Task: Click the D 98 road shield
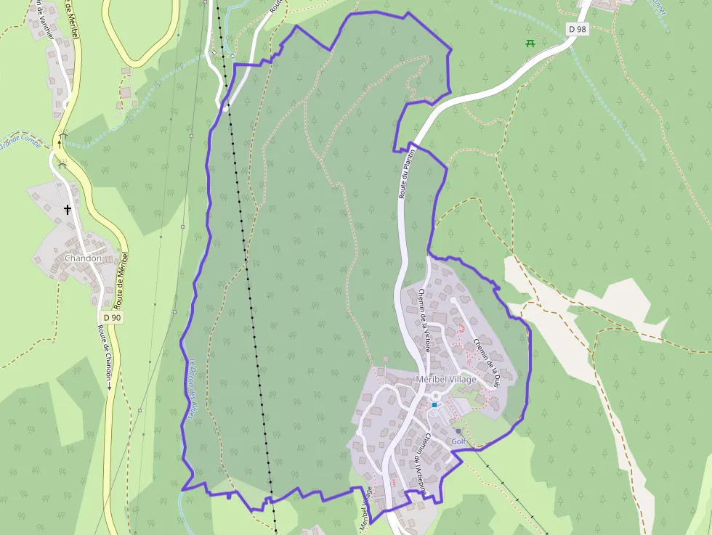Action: point(578,28)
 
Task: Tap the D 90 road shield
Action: point(112,317)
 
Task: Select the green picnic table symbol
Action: point(530,43)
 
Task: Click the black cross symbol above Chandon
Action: point(68,210)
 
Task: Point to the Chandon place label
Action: point(82,258)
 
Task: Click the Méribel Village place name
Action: point(446,380)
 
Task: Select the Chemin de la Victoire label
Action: point(425,319)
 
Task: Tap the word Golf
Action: point(458,441)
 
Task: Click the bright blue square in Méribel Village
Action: point(434,404)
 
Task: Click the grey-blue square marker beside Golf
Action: point(458,431)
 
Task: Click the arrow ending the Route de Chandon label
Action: point(110,387)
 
